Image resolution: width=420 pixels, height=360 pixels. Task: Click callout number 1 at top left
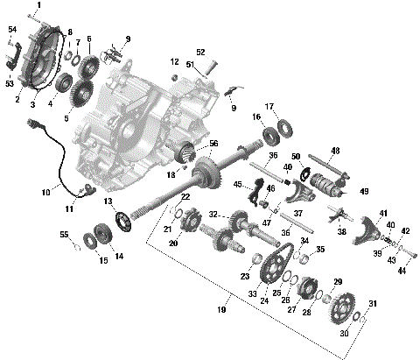(38, 6)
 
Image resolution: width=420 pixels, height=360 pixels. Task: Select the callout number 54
(11, 30)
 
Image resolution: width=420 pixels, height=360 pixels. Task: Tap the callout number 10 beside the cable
(45, 191)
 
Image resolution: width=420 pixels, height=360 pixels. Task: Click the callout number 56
(213, 145)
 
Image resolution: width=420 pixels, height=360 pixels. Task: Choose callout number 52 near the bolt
(200, 52)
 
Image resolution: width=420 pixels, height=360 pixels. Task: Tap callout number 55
(63, 235)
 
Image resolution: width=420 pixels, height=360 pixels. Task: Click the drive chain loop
(281, 262)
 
